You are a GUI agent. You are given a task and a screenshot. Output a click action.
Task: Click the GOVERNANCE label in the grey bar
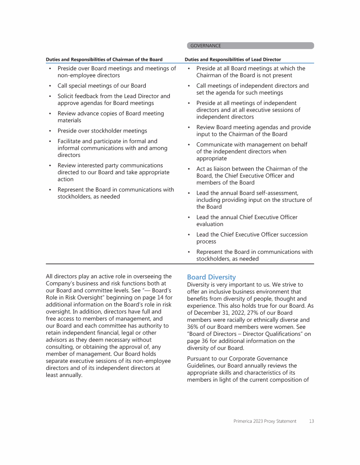tap(205, 46)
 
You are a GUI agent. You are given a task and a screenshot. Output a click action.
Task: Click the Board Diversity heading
tap(211, 277)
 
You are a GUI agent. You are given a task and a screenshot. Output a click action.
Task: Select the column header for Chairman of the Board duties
tap(104, 59)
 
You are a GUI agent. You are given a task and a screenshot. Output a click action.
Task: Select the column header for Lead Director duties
tap(233, 59)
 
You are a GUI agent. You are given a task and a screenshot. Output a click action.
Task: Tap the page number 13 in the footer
tap(311, 421)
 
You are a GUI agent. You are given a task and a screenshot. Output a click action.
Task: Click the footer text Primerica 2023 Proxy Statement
tap(265, 421)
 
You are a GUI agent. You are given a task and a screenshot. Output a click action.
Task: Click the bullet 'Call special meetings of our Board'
tap(102, 86)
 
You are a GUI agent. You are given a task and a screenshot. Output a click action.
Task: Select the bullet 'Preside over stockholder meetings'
tap(102, 131)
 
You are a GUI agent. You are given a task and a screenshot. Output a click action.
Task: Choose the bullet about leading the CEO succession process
tap(252, 238)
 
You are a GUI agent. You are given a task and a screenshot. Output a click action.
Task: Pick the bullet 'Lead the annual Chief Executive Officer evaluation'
tap(247, 221)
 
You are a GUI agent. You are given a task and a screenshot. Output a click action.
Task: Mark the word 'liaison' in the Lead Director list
tap(216, 169)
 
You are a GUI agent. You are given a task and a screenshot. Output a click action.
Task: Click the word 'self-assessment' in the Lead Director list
tap(276, 193)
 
